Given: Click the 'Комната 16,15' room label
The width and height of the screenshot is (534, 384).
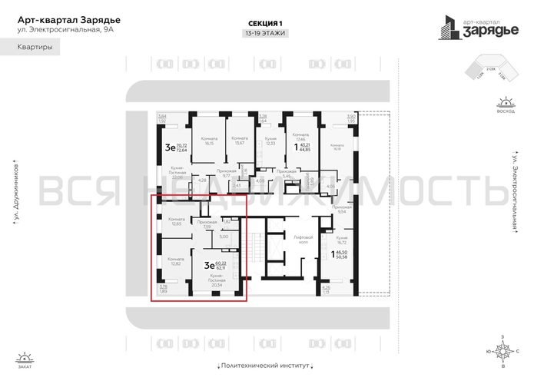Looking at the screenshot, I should click(209, 141).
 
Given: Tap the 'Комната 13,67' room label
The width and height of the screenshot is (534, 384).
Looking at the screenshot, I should click(239, 141).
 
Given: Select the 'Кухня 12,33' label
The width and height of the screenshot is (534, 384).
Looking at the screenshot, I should click(270, 141).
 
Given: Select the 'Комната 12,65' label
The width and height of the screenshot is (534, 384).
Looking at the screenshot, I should click(175, 222).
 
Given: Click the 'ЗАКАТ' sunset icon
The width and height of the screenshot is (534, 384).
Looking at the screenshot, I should click(25, 358).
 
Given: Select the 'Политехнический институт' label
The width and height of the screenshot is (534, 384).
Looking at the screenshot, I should click(267, 367).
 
